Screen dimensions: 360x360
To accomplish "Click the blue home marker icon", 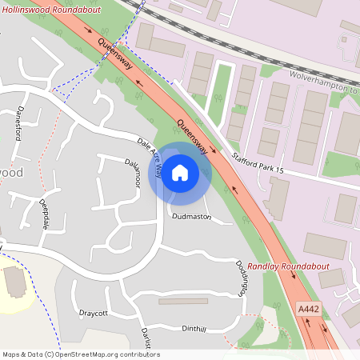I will (180, 172).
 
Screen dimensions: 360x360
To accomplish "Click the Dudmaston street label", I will (191, 216).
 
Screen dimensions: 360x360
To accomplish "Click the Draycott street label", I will (93, 313).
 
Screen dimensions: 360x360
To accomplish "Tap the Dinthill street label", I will (194, 329).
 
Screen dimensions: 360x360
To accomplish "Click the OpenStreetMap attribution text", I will (81, 354).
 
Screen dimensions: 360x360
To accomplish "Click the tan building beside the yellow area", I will (14, 281).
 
